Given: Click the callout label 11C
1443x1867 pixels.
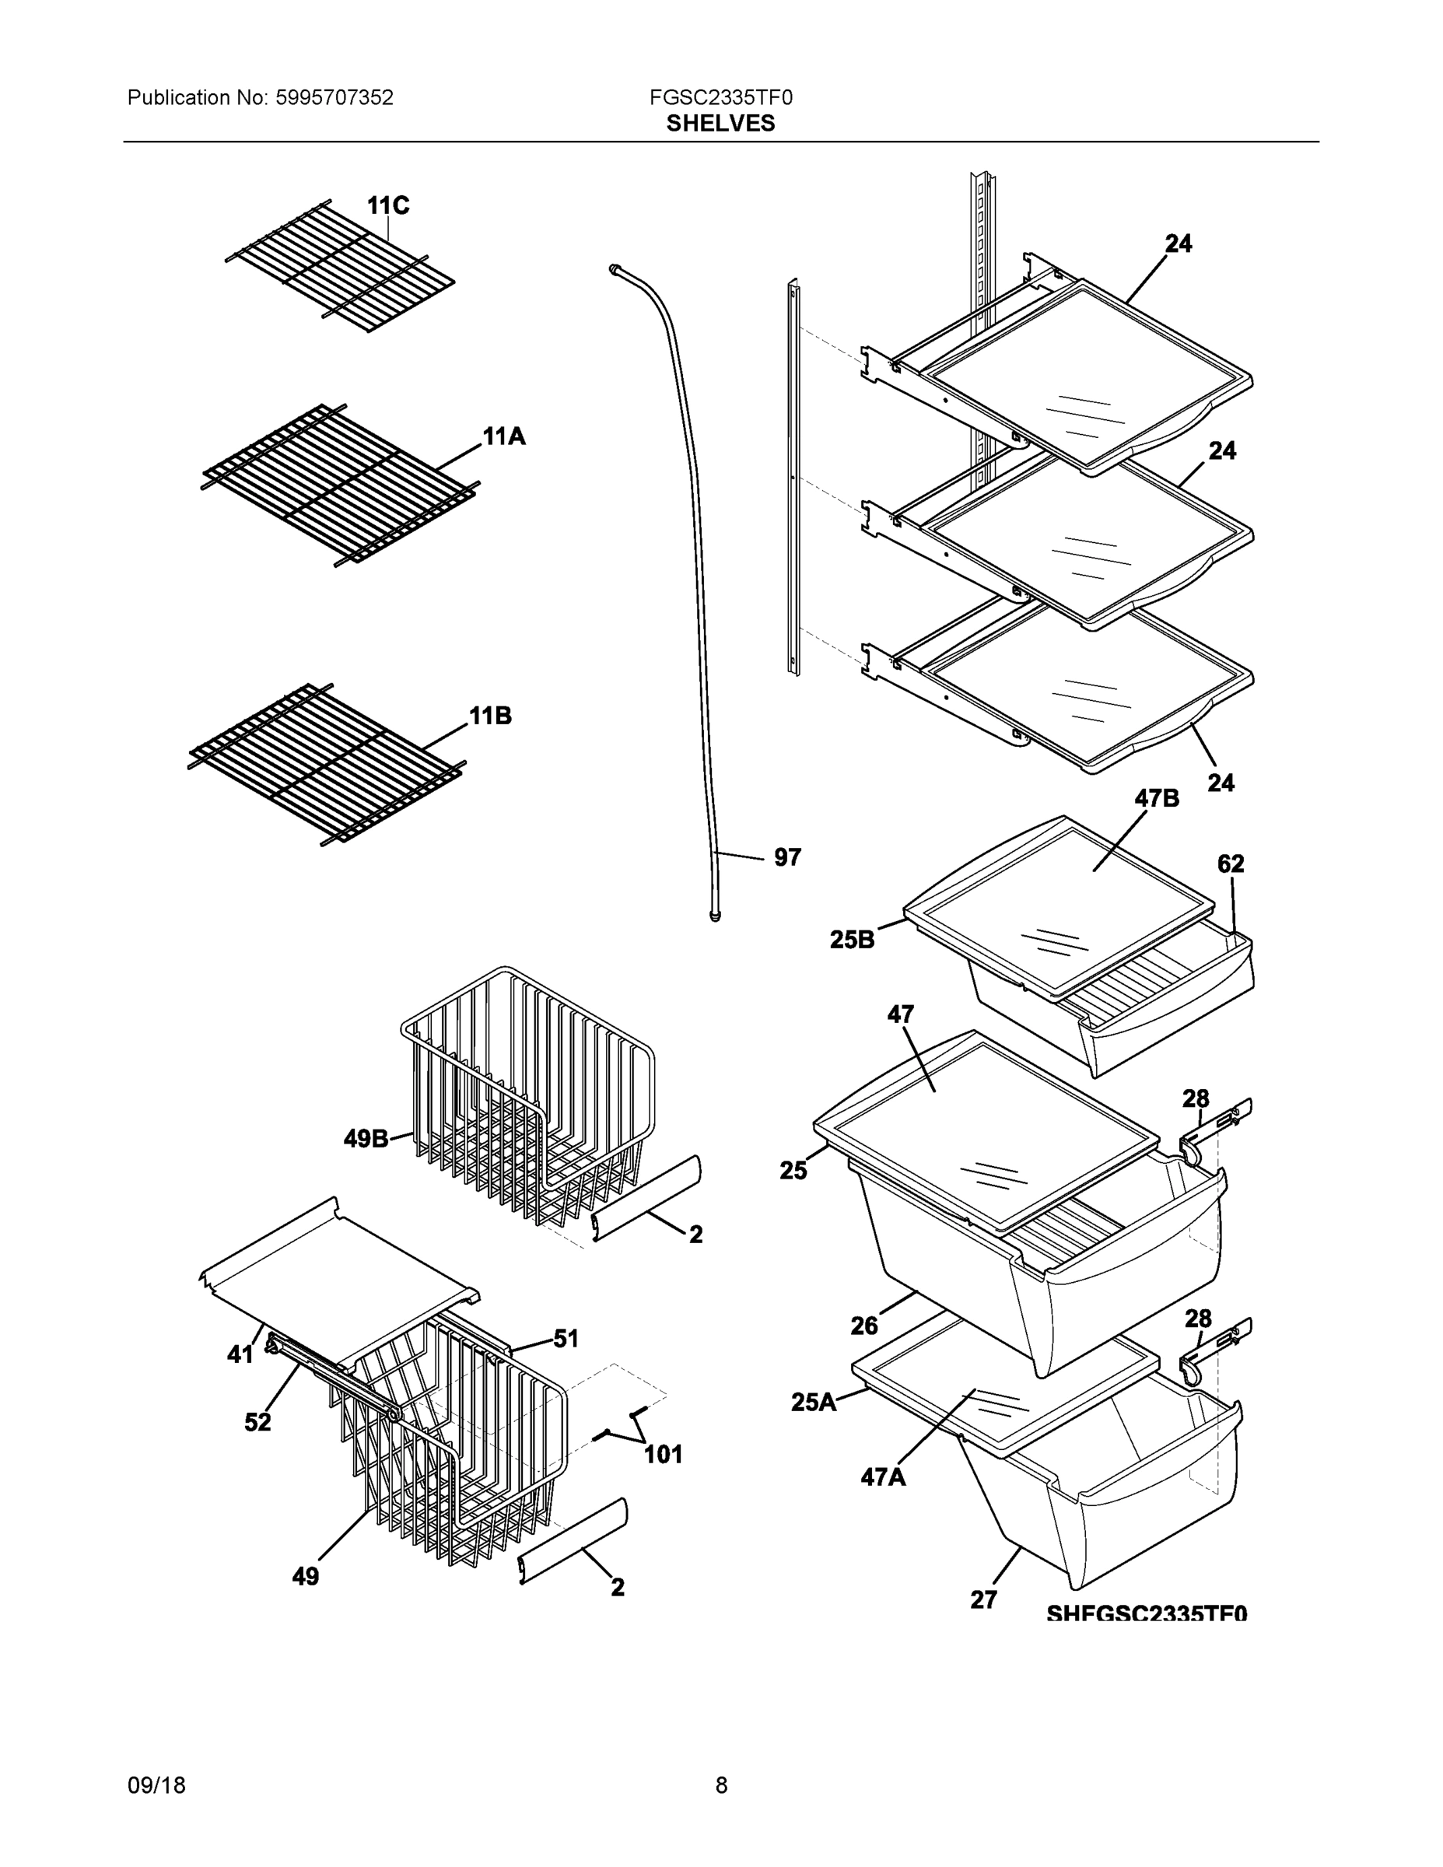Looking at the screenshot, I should coord(388,206).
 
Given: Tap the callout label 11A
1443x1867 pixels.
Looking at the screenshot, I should coord(503,437).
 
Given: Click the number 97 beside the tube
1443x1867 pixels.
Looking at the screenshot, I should coord(787,857).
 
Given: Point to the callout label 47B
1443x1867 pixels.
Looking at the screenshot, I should coord(1157,798).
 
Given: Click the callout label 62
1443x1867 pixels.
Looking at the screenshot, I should coord(1230,864).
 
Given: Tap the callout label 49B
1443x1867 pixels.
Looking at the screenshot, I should coord(366,1139).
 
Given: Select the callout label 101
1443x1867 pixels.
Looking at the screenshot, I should coord(663,1454).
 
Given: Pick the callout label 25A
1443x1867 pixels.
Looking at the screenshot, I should coord(813,1402).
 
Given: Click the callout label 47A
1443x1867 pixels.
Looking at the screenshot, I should coord(883,1476).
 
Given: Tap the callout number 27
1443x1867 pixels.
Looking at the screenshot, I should coord(983,1599).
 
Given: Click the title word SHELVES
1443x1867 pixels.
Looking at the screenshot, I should coord(720,123).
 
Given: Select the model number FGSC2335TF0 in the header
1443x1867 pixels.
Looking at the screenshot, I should coord(720,97).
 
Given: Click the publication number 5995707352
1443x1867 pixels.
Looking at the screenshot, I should coord(334,97).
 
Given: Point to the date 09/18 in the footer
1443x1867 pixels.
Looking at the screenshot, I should coord(156,1785).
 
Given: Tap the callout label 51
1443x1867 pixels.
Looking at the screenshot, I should coord(566,1339).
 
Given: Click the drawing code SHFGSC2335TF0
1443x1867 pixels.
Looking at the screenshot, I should coord(1147,1613).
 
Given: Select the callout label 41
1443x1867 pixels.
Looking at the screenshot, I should coord(240,1354).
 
